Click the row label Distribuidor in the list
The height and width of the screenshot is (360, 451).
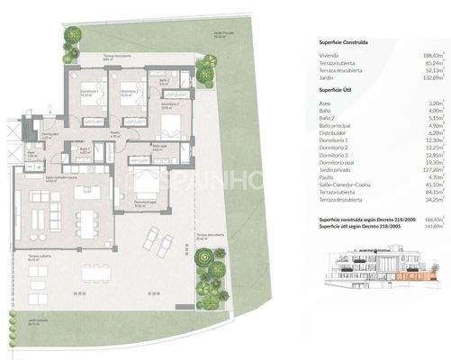click(x=334, y=131)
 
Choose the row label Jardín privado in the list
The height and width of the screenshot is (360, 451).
click(x=337, y=169)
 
